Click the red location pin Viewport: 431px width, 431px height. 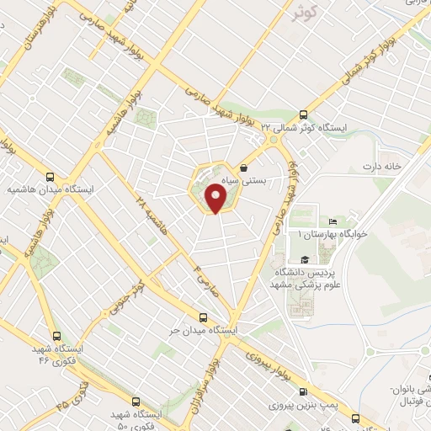pyautogui.click(x=216, y=198)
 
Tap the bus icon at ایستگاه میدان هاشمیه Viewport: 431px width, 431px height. pyautogui.click(x=51, y=178)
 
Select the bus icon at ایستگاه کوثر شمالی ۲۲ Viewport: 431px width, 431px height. pyautogui.click(x=304, y=115)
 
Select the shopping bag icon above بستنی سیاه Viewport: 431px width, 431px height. pyautogui.click(x=244, y=166)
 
